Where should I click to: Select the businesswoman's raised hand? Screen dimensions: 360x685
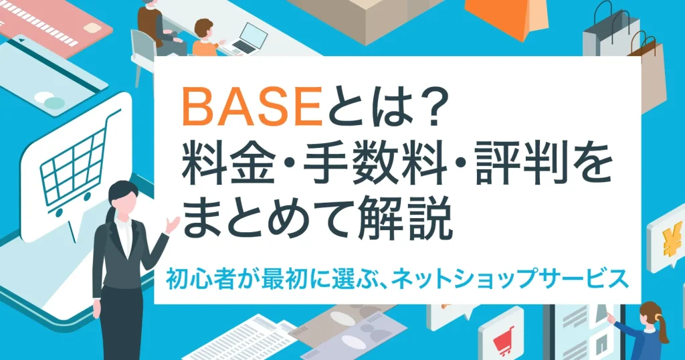(x=172, y=226)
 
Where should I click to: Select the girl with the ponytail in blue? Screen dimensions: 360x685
(x=648, y=331)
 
